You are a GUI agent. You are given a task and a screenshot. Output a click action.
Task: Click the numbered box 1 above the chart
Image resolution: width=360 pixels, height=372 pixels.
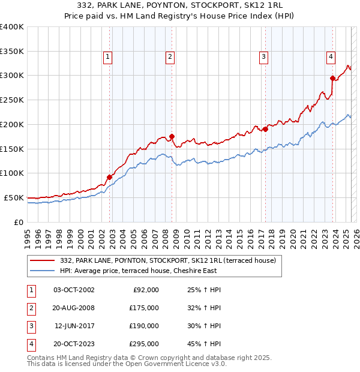pos(107,57)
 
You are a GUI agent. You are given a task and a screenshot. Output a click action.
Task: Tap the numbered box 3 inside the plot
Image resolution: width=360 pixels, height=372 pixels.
pos(263,57)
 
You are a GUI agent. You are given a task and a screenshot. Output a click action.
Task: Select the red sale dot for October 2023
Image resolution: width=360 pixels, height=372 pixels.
pos(333,77)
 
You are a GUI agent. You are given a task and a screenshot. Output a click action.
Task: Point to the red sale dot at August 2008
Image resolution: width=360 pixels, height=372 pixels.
pos(172,136)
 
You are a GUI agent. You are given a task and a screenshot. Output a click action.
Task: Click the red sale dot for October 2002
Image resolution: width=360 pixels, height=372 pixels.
pos(110,177)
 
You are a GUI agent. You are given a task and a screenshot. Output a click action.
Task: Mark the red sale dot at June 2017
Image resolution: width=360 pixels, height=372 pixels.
pos(265,128)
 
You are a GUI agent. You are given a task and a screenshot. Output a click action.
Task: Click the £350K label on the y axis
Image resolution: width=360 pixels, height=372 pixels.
pos(12,51)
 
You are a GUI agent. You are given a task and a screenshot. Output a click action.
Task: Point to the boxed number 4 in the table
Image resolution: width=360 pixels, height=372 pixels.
pos(31,344)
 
